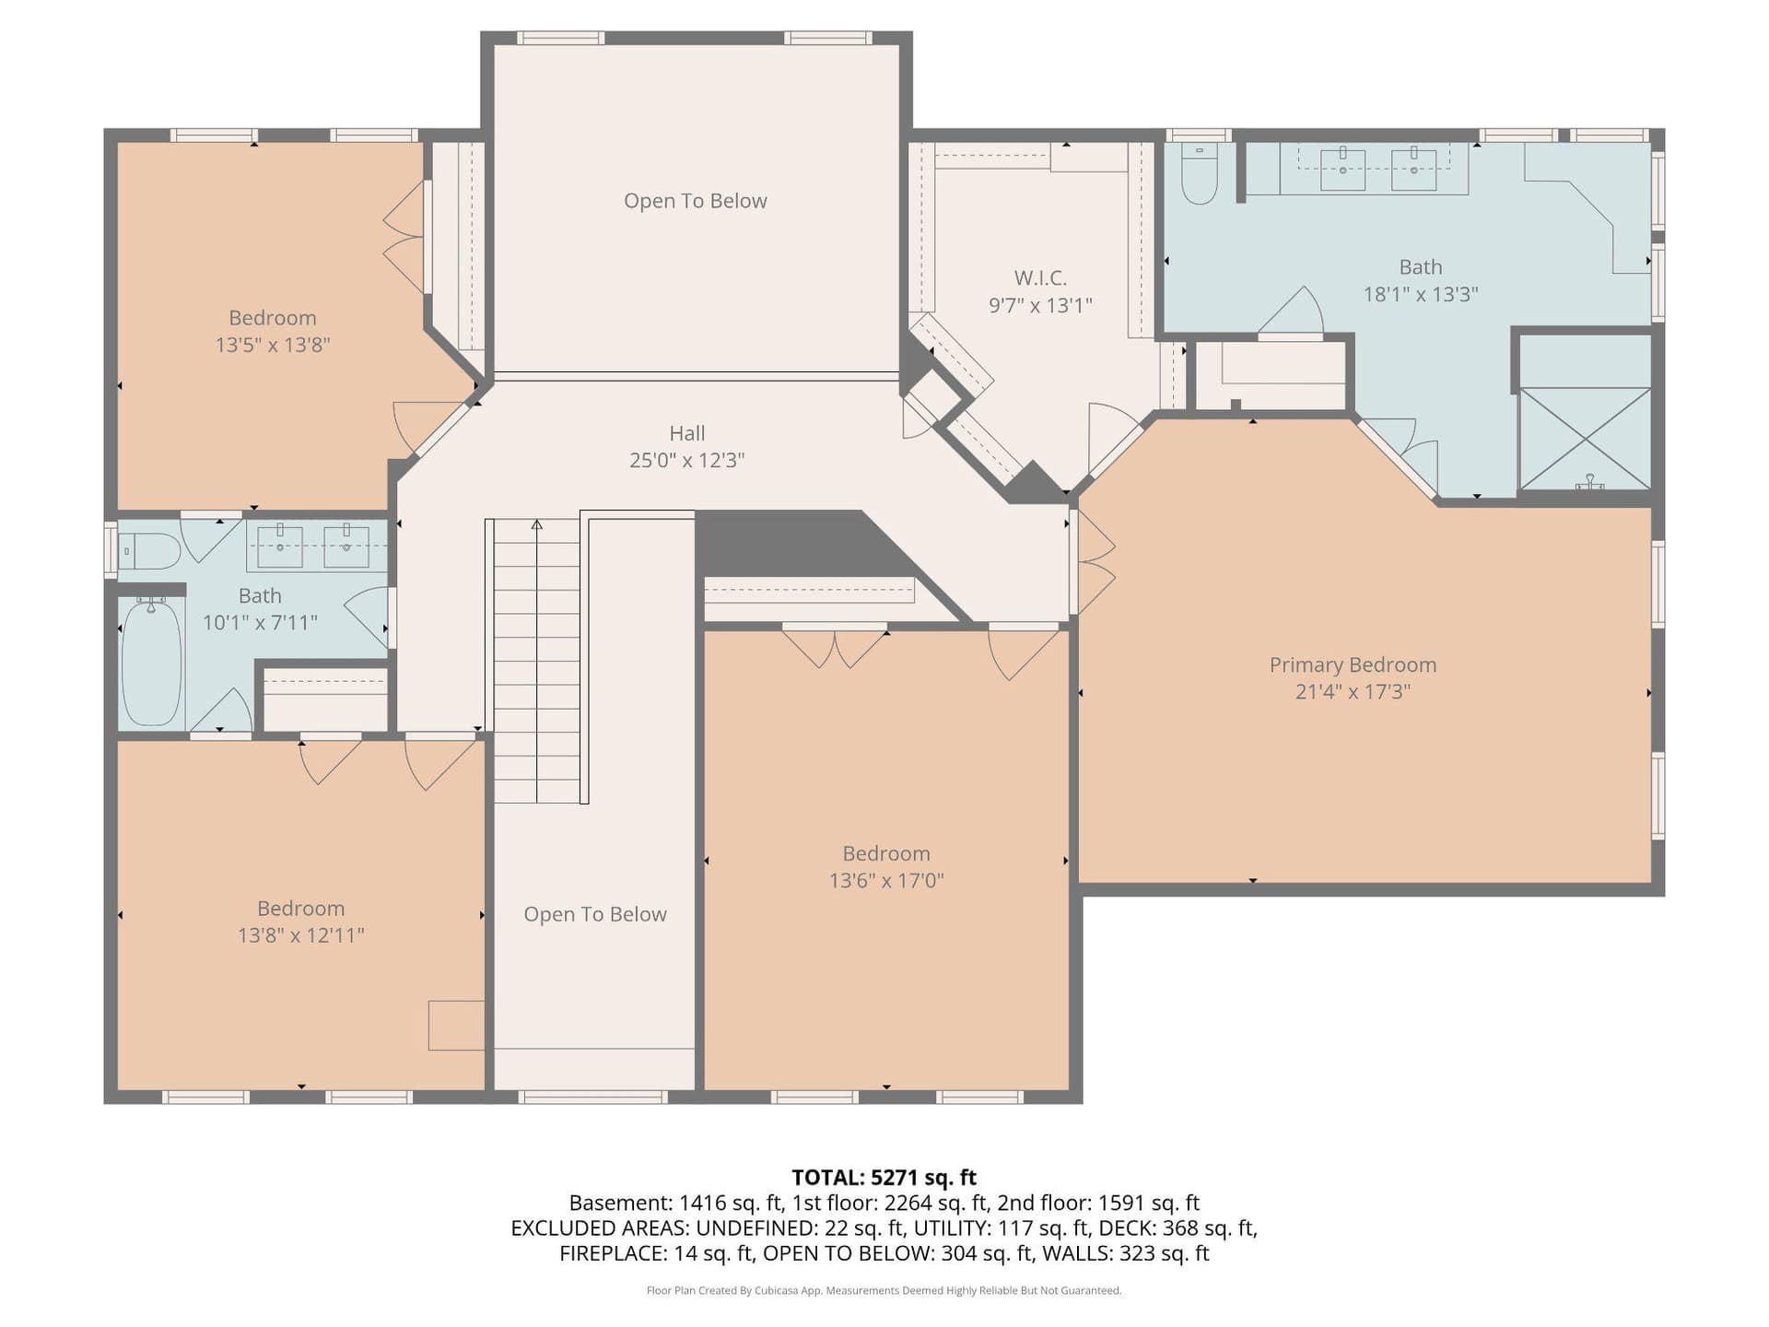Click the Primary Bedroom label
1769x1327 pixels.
tap(1353, 664)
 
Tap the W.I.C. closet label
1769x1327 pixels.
tap(1040, 277)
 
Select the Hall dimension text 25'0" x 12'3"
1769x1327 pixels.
tap(686, 460)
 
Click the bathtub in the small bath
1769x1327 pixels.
tap(151, 661)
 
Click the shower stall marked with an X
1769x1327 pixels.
tap(1585, 439)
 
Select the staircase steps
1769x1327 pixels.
tap(537, 661)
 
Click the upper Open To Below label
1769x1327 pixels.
tap(695, 201)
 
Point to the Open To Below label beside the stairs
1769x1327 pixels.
tap(595, 914)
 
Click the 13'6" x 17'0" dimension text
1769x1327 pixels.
tap(886, 880)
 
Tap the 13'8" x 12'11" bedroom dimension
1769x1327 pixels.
tap(301, 935)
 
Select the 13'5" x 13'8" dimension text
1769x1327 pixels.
tap(273, 345)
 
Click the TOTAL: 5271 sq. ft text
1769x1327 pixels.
tap(884, 1177)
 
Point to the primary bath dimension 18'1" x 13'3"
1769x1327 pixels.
tap(1421, 294)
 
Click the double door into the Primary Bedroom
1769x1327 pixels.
tap(1095, 563)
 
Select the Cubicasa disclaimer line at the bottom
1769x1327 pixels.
tap(884, 1290)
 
